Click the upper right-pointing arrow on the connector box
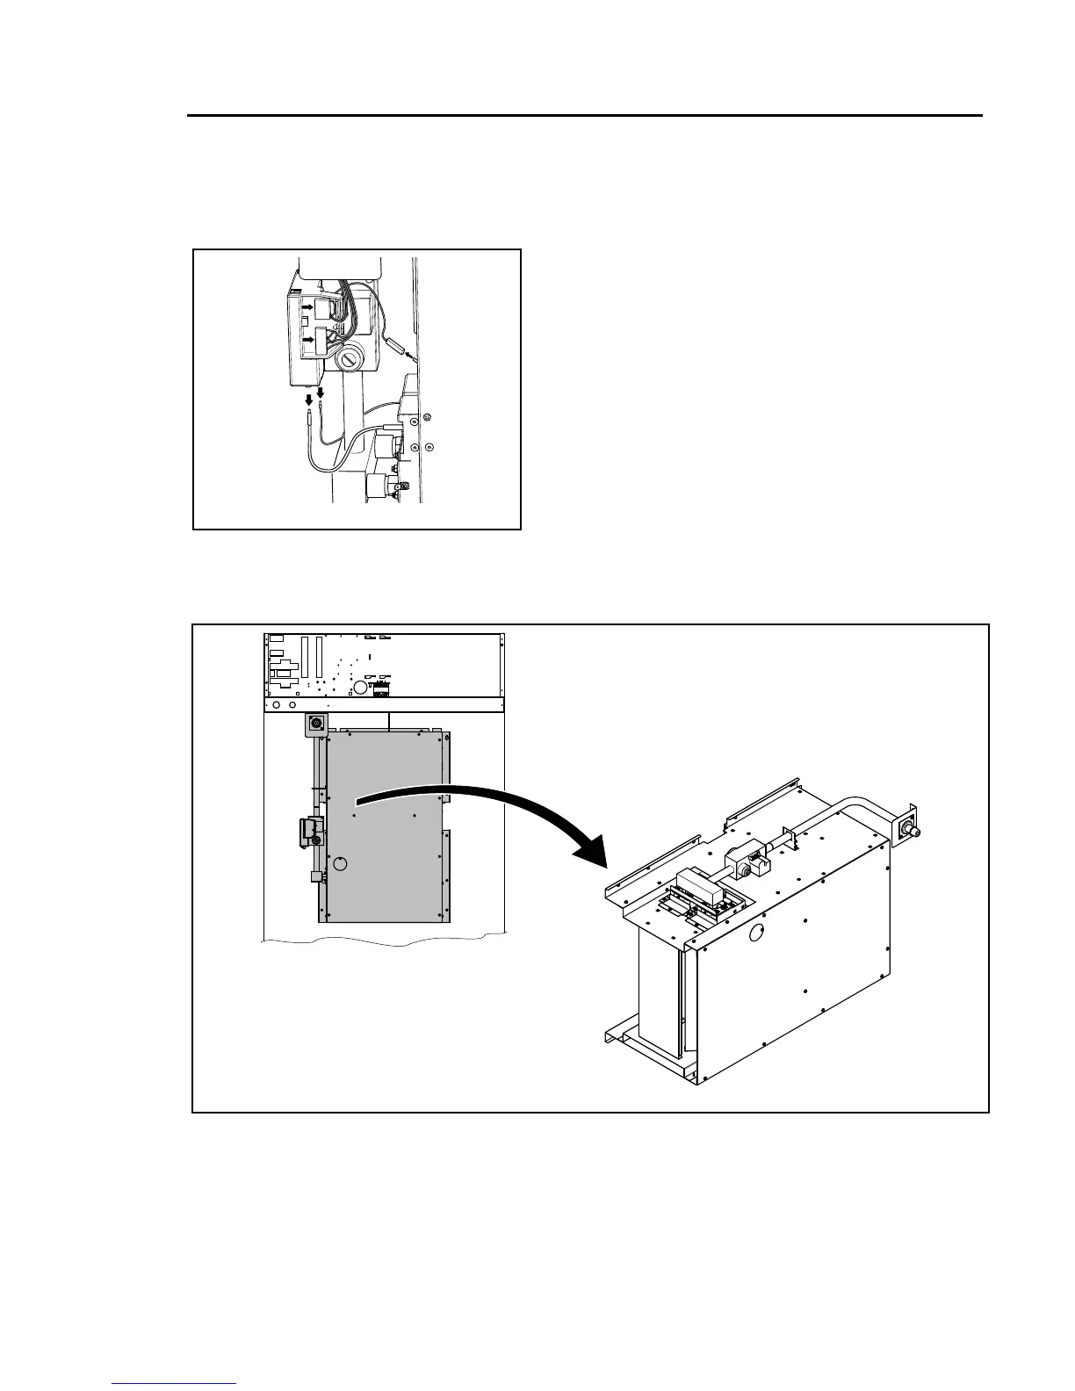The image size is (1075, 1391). [x=307, y=307]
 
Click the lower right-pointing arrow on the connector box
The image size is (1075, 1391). [x=307, y=338]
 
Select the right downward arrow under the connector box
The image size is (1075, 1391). [x=321, y=393]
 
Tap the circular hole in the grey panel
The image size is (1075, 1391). [x=343, y=863]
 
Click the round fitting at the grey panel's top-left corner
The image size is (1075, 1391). [x=315, y=724]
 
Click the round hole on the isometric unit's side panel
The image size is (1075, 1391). [x=755, y=937]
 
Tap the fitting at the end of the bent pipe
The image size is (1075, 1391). [x=905, y=830]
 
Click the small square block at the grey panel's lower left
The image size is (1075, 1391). [x=314, y=876]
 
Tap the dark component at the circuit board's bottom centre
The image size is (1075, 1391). [x=382, y=688]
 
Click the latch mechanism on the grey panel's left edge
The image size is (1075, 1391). [x=309, y=831]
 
